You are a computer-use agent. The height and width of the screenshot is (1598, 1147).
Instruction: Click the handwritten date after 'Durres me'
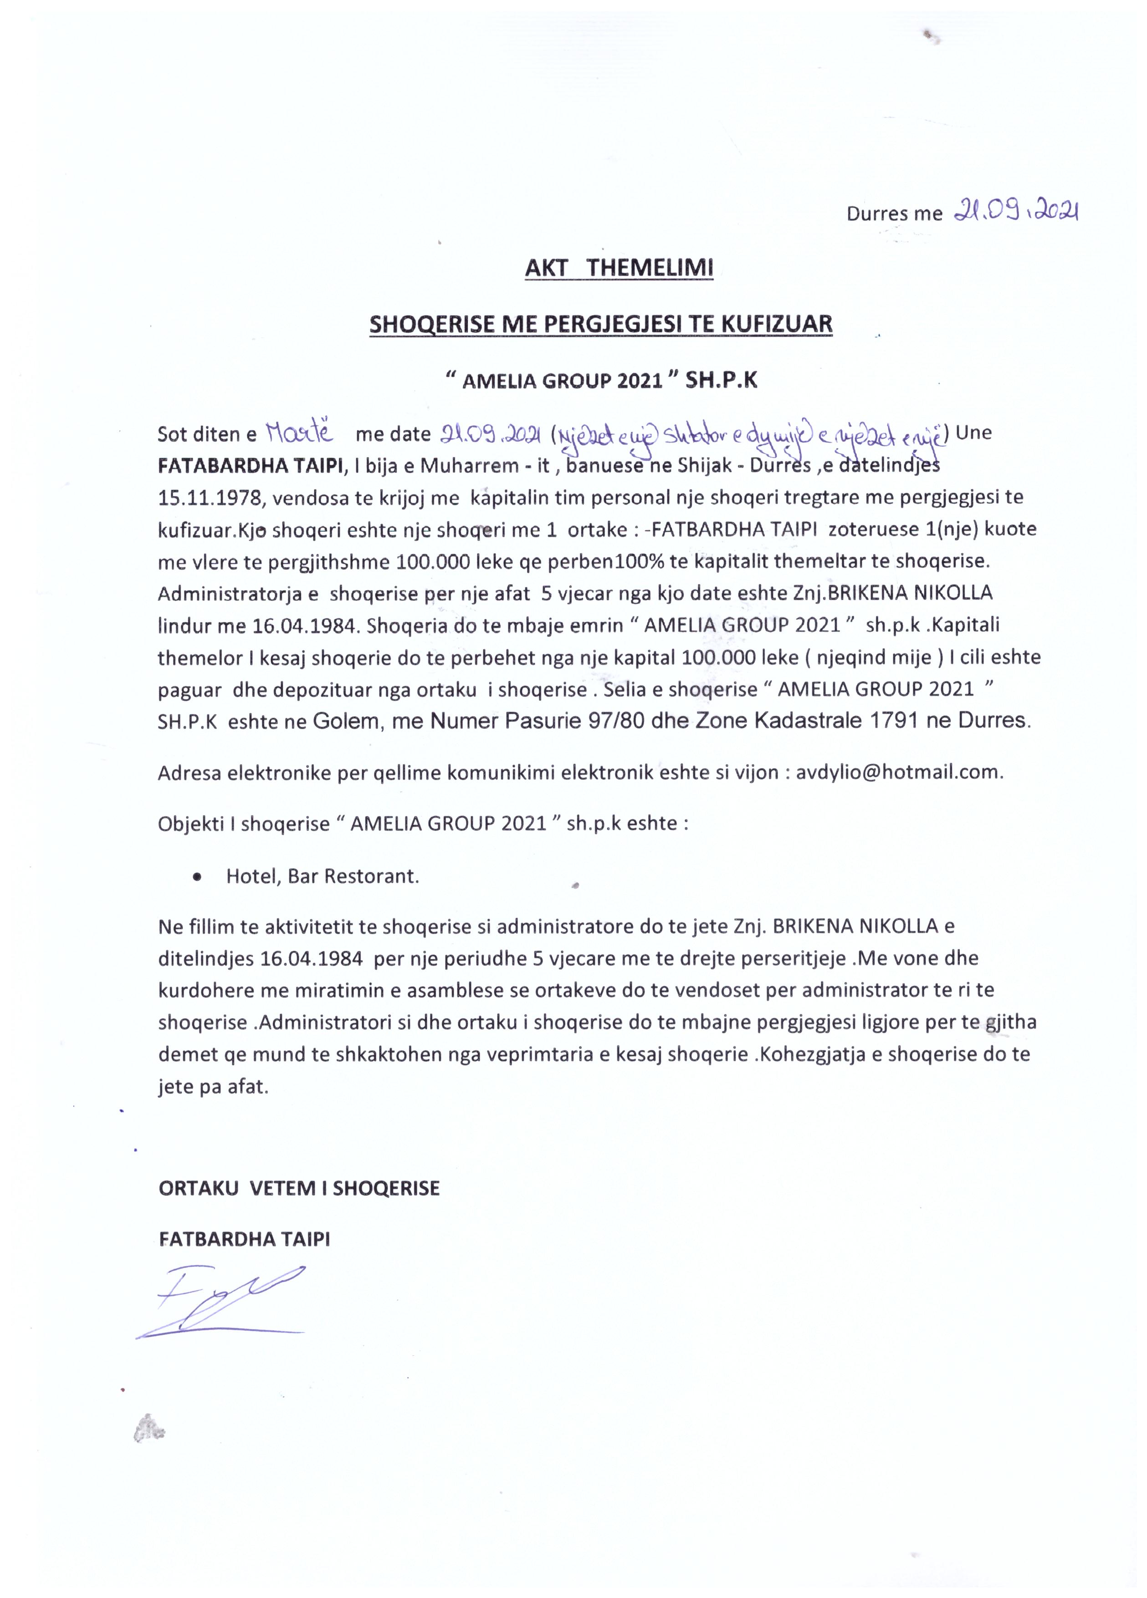(x=1015, y=210)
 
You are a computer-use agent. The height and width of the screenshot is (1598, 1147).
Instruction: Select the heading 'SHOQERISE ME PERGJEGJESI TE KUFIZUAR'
(x=601, y=324)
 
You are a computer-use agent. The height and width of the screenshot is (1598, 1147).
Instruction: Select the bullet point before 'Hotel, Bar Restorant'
(x=196, y=877)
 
